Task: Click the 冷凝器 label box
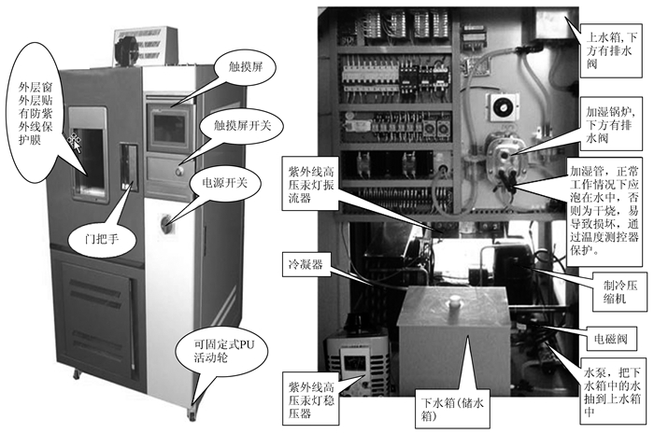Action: coord(306,264)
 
